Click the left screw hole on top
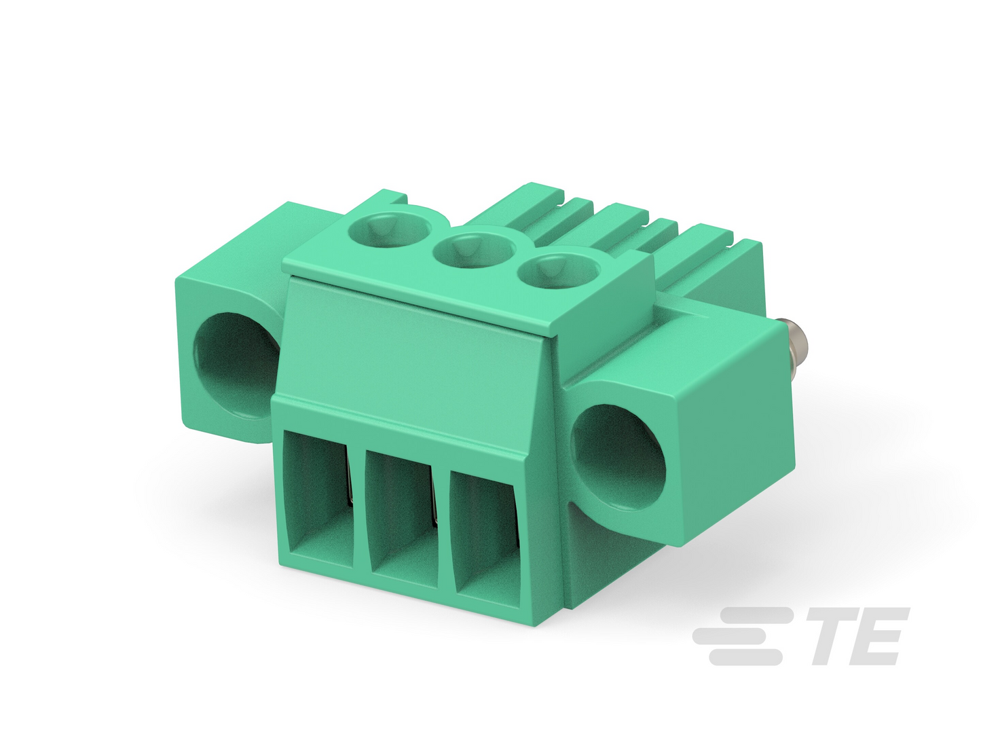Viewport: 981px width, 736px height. (x=388, y=229)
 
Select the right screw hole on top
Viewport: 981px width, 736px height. (x=559, y=271)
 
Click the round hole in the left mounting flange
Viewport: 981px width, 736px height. (x=237, y=365)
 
